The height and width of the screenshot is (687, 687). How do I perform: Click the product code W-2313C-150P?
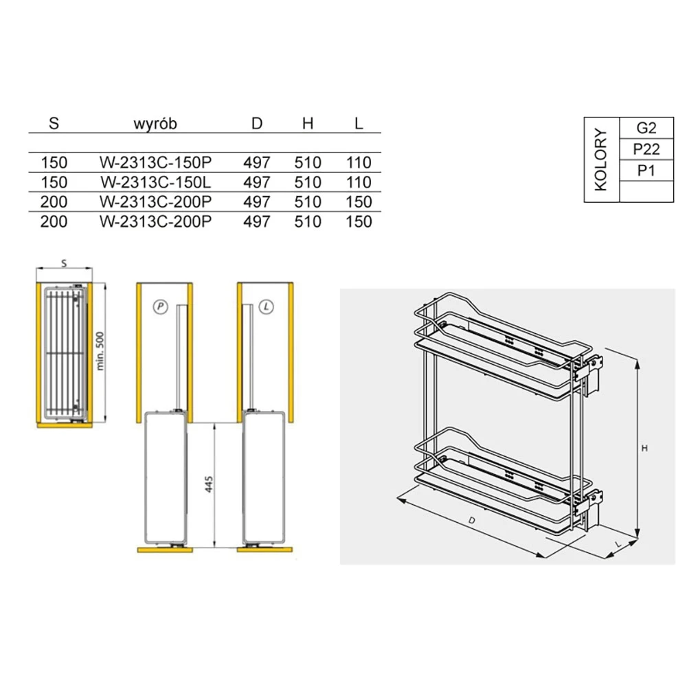pyautogui.click(x=155, y=163)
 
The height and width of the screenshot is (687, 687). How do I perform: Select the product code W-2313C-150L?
pyautogui.click(x=155, y=182)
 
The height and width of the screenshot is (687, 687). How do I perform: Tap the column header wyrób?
pyautogui.click(x=155, y=124)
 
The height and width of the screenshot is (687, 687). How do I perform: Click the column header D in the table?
pyautogui.click(x=257, y=124)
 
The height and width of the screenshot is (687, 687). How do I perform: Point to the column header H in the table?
pyautogui.click(x=308, y=124)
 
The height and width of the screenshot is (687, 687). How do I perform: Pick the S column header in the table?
pyautogui.click(x=54, y=124)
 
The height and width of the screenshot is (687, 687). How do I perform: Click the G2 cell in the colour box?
pyautogui.click(x=646, y=128)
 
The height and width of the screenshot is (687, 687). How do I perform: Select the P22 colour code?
pyautogui.click(x=646, y=149)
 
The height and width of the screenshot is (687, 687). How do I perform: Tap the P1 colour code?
pyautogui.click(x=646, y=170)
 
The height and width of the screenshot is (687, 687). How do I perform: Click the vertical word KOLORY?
pyautogui.click(x=601, y=159)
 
